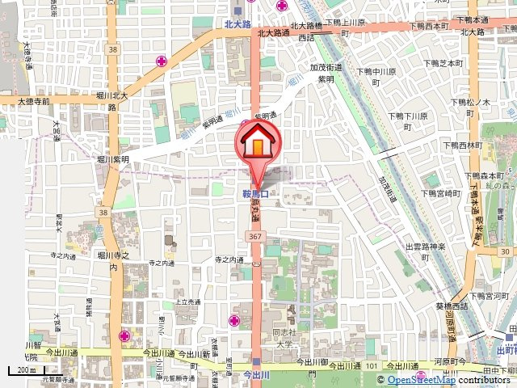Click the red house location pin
click(x=257, y=144)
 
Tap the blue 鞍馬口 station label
click(x=254, y=194)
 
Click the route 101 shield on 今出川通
click(x=372, y=366)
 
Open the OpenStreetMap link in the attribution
click(x=421, y=380)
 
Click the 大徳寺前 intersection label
click(x=23, y=102)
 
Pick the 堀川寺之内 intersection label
click(x=114, y=260)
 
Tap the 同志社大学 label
click(x=282, y=337)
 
